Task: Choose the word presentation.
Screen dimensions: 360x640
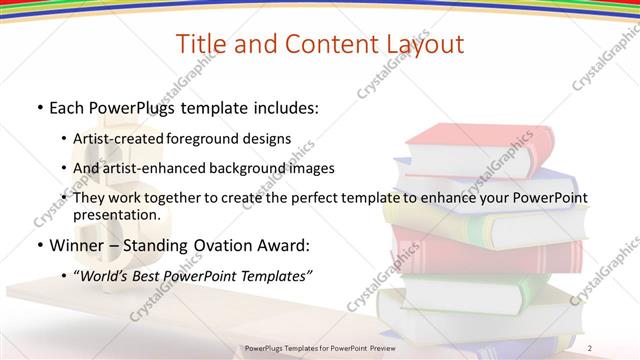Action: tap(116, 215)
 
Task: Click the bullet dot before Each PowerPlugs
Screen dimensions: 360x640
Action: tap(39, 106)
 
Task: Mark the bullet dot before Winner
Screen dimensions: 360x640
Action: tap(39, 246)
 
